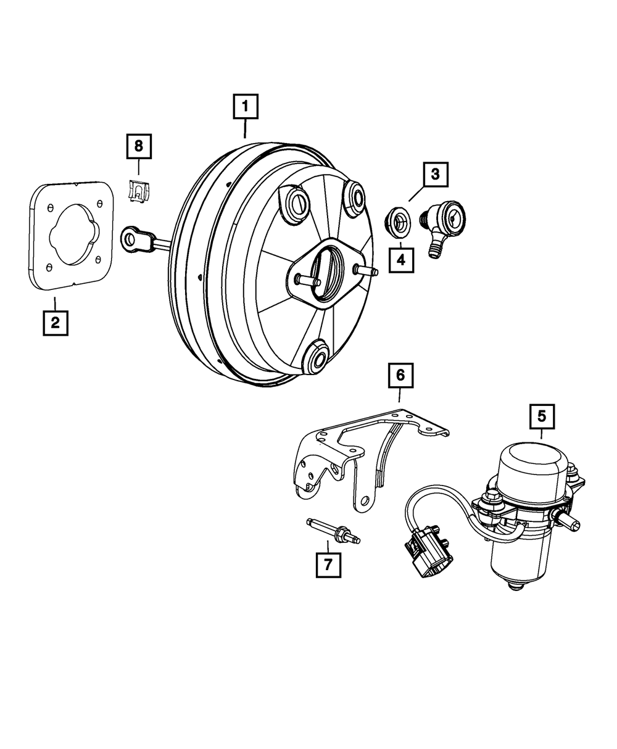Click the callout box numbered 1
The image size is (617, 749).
245,107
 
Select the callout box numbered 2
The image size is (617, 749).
55,322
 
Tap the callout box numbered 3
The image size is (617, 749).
435,175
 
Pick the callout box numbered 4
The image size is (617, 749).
401,260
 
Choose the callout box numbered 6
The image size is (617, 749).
400,374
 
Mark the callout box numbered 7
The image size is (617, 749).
328,564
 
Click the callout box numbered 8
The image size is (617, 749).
139,146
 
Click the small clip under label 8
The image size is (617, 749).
139,190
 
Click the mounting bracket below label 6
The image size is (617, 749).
346,457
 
